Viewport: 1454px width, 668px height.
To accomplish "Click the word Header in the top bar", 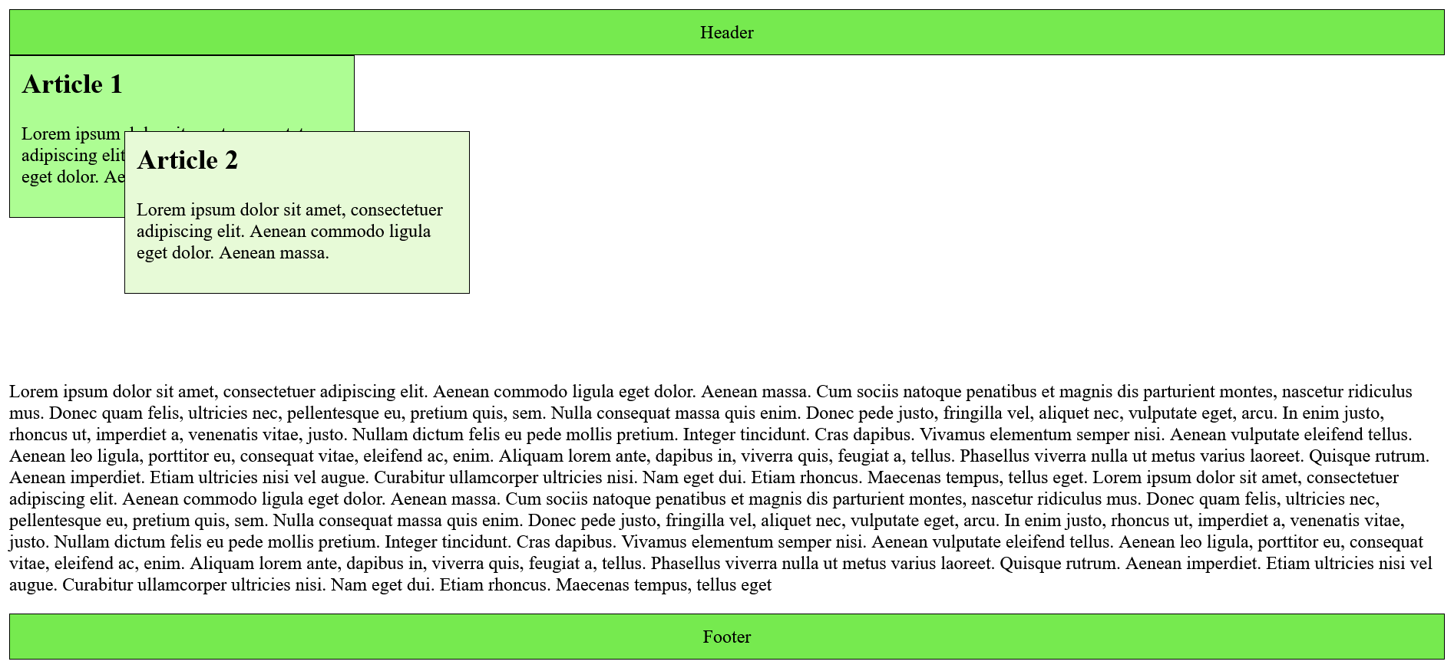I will (x=726, y=33).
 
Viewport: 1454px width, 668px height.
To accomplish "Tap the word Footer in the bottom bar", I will (x=726, y=637).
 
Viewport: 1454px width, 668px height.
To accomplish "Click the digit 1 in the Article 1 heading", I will (x=116, y=85).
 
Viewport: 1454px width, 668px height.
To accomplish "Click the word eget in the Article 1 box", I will (x=39, y=177).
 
